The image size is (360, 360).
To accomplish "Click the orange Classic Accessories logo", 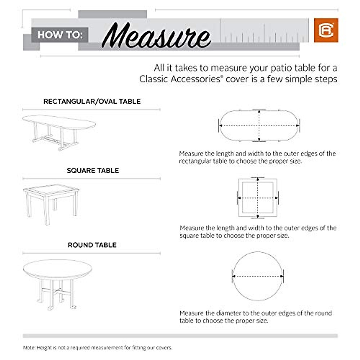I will (326, 30).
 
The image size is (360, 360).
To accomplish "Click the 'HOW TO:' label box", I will (60, 35).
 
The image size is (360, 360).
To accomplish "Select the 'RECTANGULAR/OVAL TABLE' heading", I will (92, 101).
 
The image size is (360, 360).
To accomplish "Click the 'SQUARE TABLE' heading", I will (93, 170).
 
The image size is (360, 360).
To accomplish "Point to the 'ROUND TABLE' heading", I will (92, 245).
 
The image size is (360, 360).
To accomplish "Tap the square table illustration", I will (51, 202).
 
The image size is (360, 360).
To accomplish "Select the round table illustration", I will (57, 282).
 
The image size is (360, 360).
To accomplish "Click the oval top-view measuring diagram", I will (259, 126).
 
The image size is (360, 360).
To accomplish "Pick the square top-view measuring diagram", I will (258, 198).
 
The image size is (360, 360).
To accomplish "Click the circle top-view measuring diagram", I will (258, 276).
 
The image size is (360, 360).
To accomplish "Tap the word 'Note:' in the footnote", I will (29, 348).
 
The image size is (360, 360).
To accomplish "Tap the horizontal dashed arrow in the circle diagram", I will (258, 276).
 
